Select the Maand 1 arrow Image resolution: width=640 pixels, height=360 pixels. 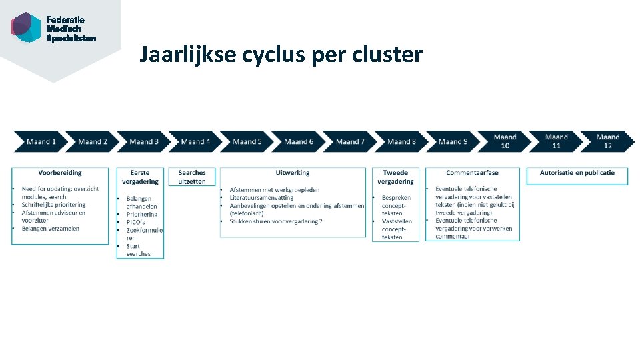[x=40, y=141]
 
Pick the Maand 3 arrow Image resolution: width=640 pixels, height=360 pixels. [x=143, y=141]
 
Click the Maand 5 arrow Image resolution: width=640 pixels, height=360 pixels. [x=247, y=141]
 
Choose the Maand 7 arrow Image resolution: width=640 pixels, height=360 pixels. [x=350, y=141]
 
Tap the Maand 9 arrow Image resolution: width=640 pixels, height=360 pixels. [x=453, y=141]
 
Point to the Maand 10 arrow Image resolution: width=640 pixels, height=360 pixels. [x=505, y=141]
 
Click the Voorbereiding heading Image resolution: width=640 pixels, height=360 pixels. [x=60, y=173]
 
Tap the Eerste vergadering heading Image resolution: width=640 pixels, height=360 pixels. [x=140, y=177]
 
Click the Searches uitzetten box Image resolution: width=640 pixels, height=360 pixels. [x=192, y=177]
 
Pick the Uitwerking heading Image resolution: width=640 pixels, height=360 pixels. [x=293, y=173]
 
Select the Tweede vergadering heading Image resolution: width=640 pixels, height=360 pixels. [x=395, y=177]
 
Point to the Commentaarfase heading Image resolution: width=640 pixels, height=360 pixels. [x=472, y=173]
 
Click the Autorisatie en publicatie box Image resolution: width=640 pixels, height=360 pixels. [x=577, y=173]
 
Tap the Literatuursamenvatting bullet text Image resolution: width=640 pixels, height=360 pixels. [x=261, y=197]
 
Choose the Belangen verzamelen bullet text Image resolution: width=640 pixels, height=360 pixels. [x=51, y=229]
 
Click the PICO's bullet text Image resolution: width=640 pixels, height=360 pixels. [x=136, y=222]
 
